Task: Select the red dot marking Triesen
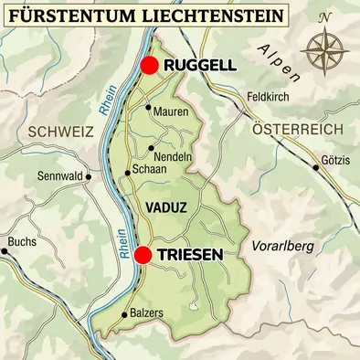click(143, 255)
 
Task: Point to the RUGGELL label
click(199, 66)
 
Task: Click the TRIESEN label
click(190, 256)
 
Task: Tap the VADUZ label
click(165, 208)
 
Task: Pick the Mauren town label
click(171, 111)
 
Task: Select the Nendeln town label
click(174, 156)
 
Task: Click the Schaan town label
click(149, 170)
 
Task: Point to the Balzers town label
click(145, 313)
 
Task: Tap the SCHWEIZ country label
click(61, 132)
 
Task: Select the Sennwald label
click(63, 176)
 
